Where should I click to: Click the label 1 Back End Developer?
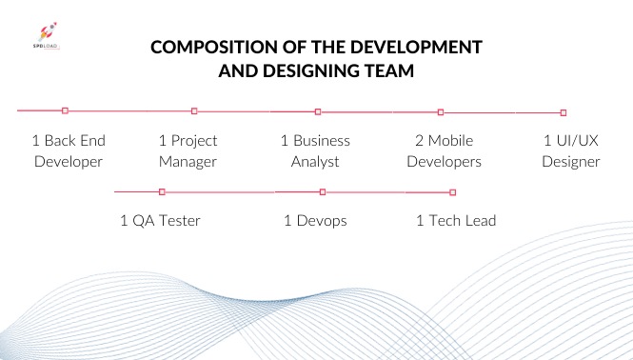pos(69,150)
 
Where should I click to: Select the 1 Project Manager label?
pos(188,150)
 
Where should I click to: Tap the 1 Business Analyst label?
pos(315,150)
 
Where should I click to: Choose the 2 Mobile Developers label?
pos(444,150)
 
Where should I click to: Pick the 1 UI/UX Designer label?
pos(571,150)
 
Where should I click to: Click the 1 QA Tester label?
pos(160,221)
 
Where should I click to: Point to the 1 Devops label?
pos(315,221)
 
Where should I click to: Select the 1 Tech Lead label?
pos(456,221)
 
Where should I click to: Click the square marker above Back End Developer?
pos(65,110)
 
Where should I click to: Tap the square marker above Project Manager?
pos(194,111)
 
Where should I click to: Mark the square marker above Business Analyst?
pos(318,111)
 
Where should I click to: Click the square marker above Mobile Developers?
pos(440,112)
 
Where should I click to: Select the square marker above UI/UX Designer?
pos(564,112)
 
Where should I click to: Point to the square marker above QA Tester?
pos(163,191)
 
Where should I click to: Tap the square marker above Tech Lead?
pos(452,192)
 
